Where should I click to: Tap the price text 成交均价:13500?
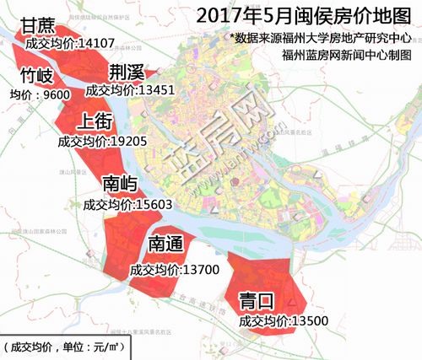click(x=283, y=320)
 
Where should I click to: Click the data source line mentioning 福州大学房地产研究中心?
click(x=324, y=38)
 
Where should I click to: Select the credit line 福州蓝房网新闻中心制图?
click(x=349, y=55)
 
